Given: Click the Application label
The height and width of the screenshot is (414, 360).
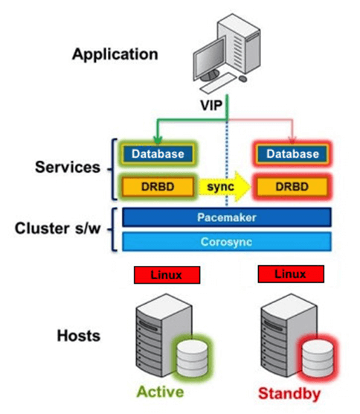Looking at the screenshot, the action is [x=115, y=54].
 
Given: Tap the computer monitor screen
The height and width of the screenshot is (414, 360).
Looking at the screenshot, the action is [x=210, y=58].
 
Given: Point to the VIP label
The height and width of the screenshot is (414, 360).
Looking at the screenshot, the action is [x=211, y=105].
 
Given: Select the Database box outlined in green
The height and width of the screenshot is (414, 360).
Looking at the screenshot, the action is [x=158, y=154].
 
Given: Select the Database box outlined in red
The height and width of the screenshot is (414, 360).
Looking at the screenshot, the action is [x=292, y=154].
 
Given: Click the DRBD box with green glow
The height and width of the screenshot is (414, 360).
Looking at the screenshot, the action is [x=158, y=187].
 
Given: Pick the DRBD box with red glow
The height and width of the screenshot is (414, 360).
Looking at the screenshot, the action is [x=292, y=187].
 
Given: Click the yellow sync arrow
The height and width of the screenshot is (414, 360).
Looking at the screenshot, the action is [x=224, y=186].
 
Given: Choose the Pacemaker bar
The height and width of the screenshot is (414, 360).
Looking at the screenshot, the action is [x=227, y=217].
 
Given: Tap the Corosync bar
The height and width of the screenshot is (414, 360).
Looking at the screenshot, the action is [x=227, y=241].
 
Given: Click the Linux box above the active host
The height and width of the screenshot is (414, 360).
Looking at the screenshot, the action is [x=167, y=275].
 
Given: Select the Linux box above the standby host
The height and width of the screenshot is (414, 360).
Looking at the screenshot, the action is [x=291, y=274].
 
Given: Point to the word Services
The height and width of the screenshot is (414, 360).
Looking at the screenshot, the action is [x=68, y=167].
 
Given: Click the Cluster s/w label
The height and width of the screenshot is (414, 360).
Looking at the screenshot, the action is [x=57, y=229].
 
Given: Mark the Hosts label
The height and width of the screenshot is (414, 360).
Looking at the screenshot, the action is [x=79, y=336].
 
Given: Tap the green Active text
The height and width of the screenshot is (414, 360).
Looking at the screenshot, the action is [x=160, y=392].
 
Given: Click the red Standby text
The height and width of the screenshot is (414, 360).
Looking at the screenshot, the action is [x=289, y=393].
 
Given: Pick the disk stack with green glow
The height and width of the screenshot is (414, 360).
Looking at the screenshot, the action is [x=192, y=358].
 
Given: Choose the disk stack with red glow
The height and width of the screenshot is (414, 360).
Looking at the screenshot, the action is [x=318, y=358].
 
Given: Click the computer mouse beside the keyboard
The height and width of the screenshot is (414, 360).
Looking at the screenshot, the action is [x=242, y=78].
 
